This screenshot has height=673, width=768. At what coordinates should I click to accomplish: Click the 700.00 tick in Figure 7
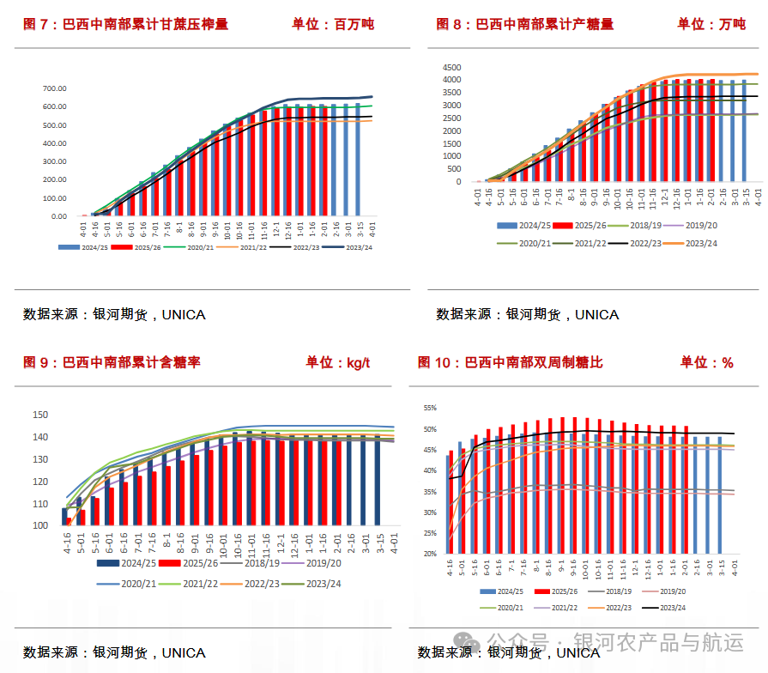click(x=55, y=88)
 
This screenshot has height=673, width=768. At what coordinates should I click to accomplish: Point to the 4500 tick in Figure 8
click(x=451, y=67)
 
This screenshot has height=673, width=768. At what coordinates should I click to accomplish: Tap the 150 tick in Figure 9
click(x=39, y=415)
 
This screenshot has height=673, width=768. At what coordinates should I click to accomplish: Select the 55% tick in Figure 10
click(x=430, y=409)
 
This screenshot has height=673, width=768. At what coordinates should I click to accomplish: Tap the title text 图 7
click(x=34, y=24)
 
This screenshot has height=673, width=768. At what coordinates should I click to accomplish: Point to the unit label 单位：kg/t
click(x=338, y=362)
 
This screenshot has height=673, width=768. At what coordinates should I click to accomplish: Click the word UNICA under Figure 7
click(x=184, y=314)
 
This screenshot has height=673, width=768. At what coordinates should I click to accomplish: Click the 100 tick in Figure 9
click(x=39, y=525)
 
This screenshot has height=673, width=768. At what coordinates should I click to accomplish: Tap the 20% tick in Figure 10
click(x=430, y=554)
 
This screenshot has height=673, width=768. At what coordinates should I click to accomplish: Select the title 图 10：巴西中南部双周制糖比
click(x=511, y=362)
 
